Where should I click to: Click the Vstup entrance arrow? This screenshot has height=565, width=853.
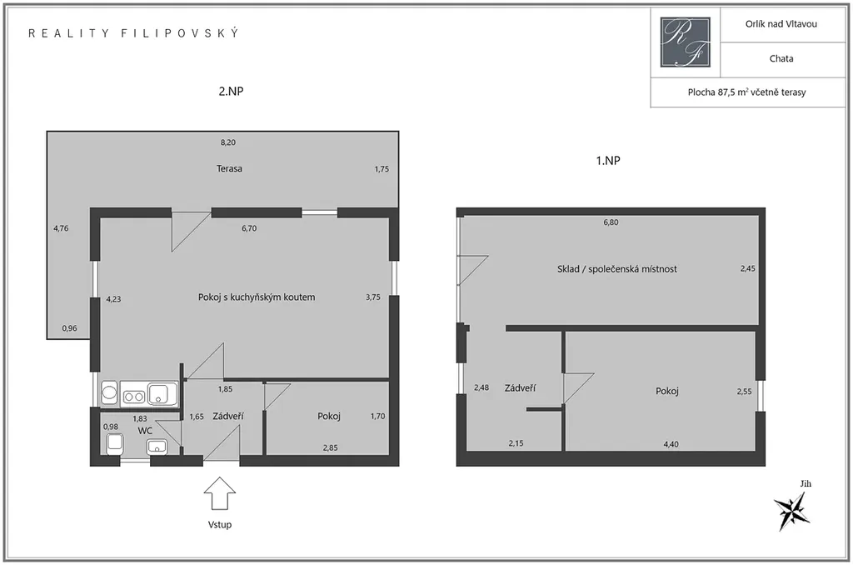(x=219, y=493)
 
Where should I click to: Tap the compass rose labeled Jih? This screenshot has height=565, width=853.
(x=792, y=510)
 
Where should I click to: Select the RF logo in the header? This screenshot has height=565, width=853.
(x=685, y=42)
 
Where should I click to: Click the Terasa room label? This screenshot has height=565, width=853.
(x=229, y=168)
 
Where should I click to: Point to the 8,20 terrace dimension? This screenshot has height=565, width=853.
(x=228, y=142)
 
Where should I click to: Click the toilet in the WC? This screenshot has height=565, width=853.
(x=114, y=443)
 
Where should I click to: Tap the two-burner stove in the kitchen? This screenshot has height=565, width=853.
(x=133, y=396)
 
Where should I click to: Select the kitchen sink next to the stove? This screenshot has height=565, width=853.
(x=162, y=393)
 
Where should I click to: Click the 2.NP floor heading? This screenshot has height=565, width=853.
(x=231, y=92)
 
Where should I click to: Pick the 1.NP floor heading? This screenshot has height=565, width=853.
(x=607, y=161)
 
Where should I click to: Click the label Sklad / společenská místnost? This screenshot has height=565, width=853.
(x=617, y=269)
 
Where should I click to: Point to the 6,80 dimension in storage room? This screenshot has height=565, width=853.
(x=611, y=222)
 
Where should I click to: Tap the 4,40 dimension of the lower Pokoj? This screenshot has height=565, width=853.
(x=671, y=444)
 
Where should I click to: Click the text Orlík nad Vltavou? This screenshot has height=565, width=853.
(x=781, y=24)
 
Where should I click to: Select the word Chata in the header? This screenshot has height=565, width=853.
(x=781, y=59)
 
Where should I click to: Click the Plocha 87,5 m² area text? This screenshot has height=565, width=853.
(x=746, y=92)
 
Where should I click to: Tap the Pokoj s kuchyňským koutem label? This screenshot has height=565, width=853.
(x=257, y=297)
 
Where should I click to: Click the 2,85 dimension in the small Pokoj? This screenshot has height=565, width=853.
(x=330, y=448)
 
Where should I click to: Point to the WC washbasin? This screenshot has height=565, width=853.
(x=157, y=447)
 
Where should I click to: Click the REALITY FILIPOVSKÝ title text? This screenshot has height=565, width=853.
(x=133, y=33)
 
